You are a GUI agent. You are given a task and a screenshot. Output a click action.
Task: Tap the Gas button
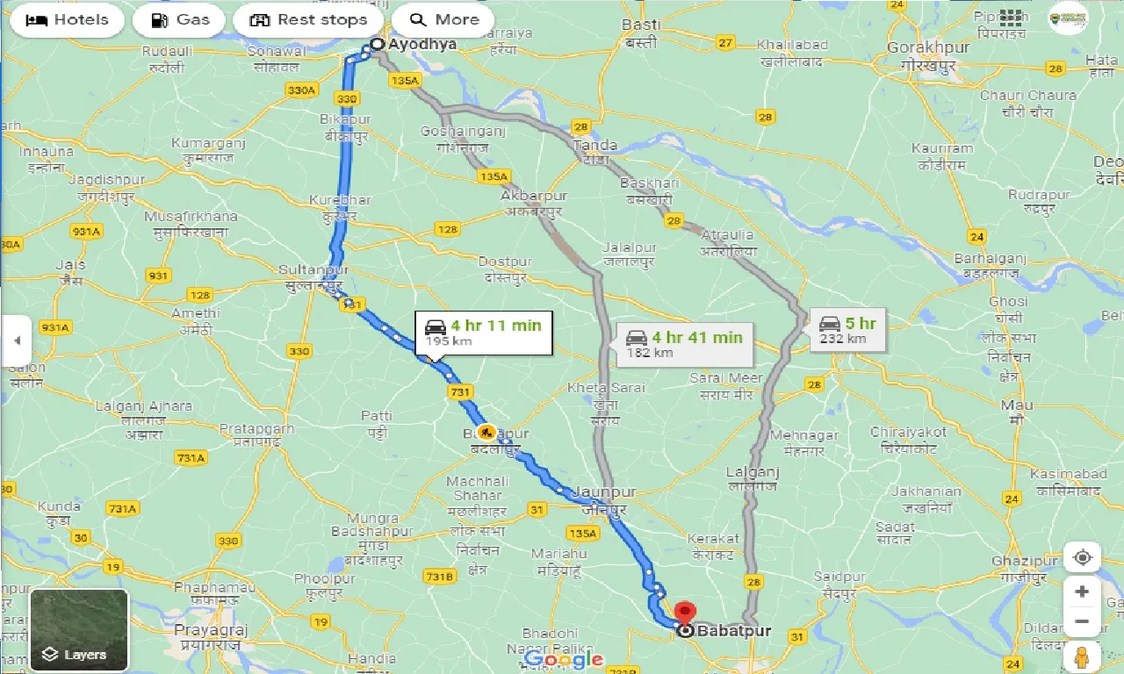178,20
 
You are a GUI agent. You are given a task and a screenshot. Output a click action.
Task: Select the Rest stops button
308,20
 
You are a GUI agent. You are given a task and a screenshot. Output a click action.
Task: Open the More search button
443,20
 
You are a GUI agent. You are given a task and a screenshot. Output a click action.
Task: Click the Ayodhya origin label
423,44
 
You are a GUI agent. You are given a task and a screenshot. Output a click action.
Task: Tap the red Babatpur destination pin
684,613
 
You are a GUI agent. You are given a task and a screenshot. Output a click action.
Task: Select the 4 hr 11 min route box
484,333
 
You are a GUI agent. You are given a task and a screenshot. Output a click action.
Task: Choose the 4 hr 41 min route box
685,344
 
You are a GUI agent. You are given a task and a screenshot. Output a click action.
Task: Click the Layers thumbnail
79,628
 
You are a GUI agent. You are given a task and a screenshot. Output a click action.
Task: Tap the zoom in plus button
1082,592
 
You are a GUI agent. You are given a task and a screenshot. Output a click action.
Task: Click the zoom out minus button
1082,622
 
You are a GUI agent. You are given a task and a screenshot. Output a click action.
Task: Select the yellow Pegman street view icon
1082,657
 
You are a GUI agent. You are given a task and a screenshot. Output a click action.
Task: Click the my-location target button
1082,558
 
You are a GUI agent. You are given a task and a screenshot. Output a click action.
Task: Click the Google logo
563,659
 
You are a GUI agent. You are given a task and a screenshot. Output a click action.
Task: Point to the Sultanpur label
313,269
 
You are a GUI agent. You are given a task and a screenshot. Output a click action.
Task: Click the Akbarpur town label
534,196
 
